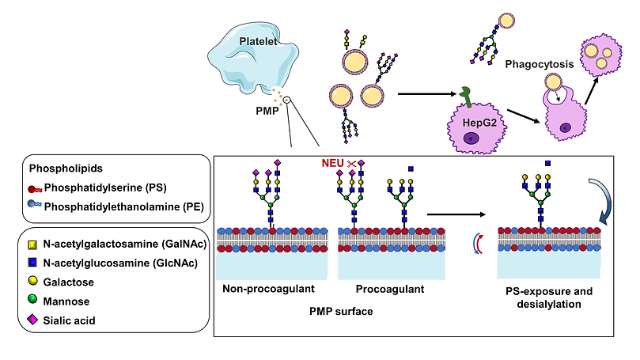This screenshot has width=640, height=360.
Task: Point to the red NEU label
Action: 332,164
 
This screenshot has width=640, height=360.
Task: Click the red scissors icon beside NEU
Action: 351,164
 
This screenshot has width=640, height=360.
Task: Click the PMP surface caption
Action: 338,311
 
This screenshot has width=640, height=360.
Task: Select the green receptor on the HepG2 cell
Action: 468,95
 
